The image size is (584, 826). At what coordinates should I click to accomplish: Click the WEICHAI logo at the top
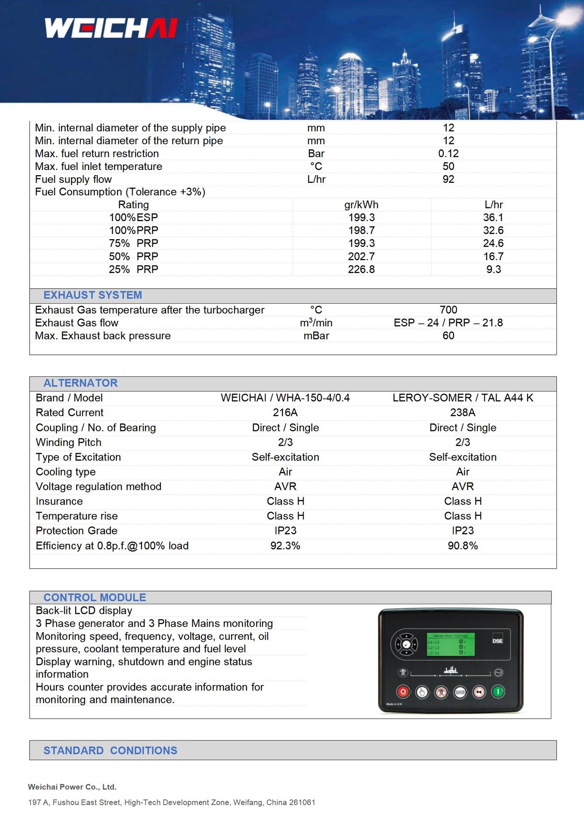[111, 28]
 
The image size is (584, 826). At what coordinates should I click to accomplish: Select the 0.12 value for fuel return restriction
[448, 154]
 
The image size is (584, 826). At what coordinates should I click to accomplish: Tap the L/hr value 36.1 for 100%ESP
[493, 218]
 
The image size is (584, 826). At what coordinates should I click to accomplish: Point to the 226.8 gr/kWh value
[361, 269]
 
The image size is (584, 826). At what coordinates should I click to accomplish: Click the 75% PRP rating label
[133, 243]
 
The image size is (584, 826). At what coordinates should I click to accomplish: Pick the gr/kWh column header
[361, 205]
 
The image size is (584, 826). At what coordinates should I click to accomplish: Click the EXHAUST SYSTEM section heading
[93, 295]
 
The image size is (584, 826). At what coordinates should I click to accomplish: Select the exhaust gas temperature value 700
[448, 310]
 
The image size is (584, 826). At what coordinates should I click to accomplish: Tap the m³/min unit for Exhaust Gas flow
[316, 323]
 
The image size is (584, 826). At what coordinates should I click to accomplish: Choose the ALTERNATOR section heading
[80, 383]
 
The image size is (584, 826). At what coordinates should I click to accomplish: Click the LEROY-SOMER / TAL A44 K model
[463, 398]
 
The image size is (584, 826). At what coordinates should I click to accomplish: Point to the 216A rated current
[285, 413]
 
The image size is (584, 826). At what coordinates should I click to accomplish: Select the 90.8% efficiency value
[463, 546]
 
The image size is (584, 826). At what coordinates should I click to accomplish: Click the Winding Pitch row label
[68, 442]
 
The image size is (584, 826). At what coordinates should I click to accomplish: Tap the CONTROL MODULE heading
[95, 598]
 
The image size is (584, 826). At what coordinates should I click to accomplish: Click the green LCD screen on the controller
[450, 644]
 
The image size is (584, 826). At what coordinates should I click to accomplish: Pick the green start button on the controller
[498, 692]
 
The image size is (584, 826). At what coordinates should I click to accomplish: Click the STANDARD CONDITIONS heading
[110, 751]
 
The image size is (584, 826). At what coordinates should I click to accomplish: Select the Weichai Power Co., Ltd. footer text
[72, 787]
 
